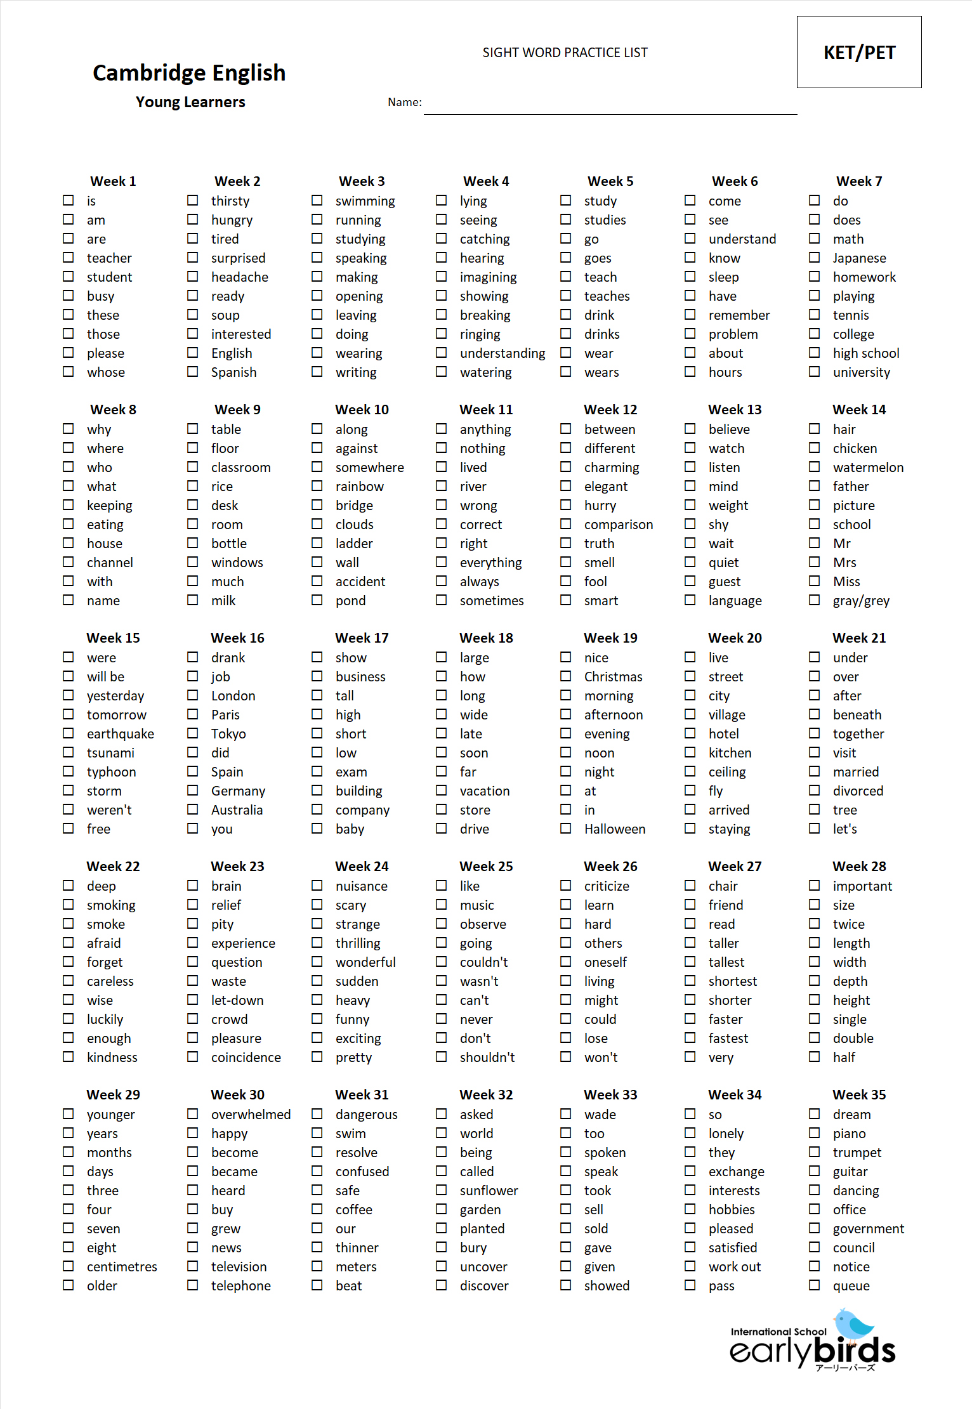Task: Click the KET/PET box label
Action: click(859, 53)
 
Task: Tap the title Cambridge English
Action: click(189, 73)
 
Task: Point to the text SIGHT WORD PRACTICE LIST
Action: click(565, 53)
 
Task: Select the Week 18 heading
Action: click(486, 638)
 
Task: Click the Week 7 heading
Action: click(858, 181)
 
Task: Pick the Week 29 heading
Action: click(113, 1094)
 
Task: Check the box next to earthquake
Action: click(68, 733)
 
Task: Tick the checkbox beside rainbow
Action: click(317, 486)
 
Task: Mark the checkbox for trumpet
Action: click(814, 1152)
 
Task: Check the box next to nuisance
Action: click(317, 886)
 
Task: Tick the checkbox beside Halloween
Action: click(565, 829)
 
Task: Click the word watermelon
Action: click(868, 468)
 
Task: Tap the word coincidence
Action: click(246, 1058)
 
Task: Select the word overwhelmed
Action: click(251, 1115)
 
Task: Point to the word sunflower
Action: click(489, 1191)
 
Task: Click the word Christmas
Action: click(613, 677)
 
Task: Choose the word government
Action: click(868, 1229)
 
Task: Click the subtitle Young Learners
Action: click(190, 102)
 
